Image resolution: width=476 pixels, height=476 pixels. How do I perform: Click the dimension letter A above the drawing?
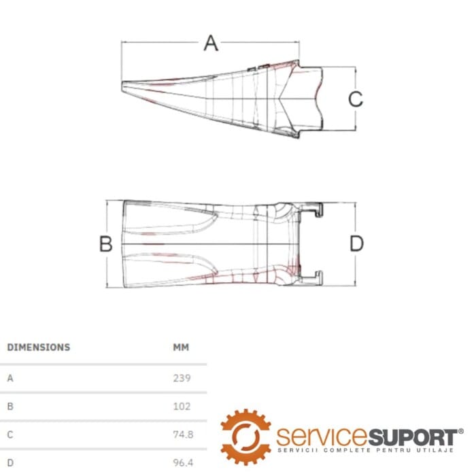(211, 43)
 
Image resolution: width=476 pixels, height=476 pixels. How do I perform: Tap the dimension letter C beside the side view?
(356, 99)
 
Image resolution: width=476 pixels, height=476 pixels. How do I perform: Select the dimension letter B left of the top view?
(106, 243)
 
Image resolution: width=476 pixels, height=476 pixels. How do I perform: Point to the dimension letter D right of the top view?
(356, 243)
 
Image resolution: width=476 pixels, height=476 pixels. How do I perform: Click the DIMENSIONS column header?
(39, 347)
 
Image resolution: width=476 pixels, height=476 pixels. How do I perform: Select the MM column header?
(181, 347)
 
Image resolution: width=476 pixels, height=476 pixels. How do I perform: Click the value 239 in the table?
(182, 378)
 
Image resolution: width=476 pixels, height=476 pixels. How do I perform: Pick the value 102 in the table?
(182, 407)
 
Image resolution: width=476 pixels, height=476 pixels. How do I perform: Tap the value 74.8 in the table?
(183, 435)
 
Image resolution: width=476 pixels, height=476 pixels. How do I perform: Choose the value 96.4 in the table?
(183, 463)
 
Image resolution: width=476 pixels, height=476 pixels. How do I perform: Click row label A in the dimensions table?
(10, 378)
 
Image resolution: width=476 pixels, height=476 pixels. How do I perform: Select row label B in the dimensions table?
(10, 407)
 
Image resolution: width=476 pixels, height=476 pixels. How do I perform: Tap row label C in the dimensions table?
(10, 435)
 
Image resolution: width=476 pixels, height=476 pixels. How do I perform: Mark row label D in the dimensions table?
(10, 463)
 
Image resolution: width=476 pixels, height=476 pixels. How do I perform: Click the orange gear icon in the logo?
(245, 437)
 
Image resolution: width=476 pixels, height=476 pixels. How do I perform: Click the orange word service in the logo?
(322, 437)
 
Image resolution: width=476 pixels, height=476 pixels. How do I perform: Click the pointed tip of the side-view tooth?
(122, 86)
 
